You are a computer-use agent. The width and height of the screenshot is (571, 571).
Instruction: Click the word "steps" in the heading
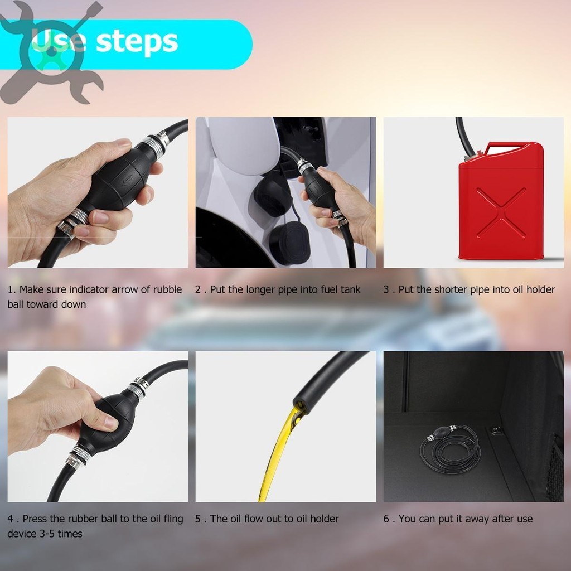coord(137,41)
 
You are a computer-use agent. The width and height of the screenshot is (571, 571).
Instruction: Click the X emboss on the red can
coord(501,212)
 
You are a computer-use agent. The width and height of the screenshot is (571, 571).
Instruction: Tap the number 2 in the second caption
coord(198,290)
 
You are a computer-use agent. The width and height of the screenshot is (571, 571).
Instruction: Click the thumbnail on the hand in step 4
coord(110,423)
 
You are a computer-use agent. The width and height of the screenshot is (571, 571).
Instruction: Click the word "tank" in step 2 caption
coord(350,289)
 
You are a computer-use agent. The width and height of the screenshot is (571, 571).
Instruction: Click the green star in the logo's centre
coord(52,52)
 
